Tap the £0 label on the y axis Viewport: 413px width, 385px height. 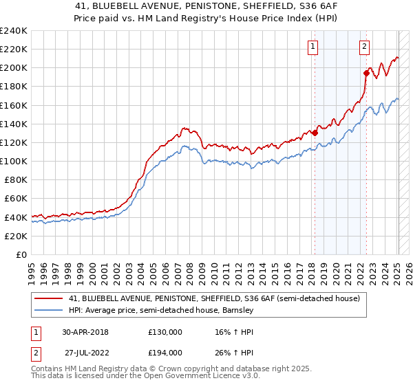pos(21,254)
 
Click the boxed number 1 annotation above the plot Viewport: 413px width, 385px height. pos(313,47)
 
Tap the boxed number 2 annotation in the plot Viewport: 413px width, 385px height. pos(364,47)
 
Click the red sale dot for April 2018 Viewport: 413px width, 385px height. pos(315,133)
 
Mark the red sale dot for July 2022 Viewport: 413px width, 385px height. pos(366,73)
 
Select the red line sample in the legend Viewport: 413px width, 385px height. pos(48,298)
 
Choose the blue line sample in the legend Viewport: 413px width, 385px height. pos(48,310)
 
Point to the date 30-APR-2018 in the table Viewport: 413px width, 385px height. pos(86,331)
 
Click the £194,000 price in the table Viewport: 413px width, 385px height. pos(165,352)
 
